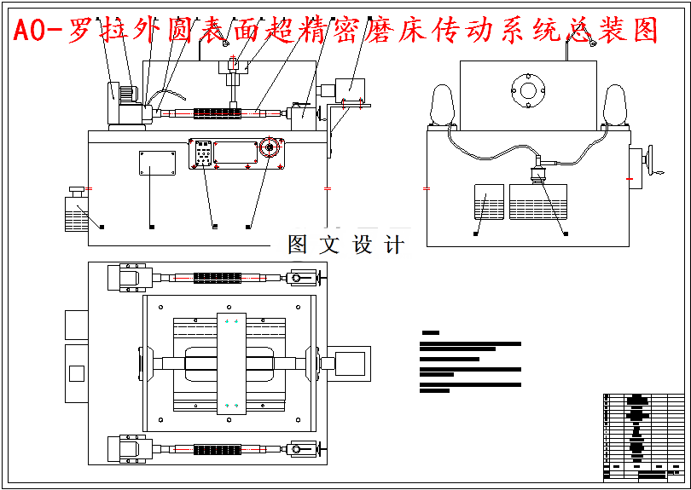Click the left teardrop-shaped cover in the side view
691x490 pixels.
[x=443, y=107]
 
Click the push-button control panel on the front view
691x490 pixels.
[x=203, y=154]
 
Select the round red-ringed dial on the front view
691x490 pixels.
[x=270, y=148]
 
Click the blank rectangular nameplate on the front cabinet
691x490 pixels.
[x=157, y=161]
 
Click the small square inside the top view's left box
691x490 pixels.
[x=76, y=372]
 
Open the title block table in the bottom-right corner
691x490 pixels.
[x=643, y=437]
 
